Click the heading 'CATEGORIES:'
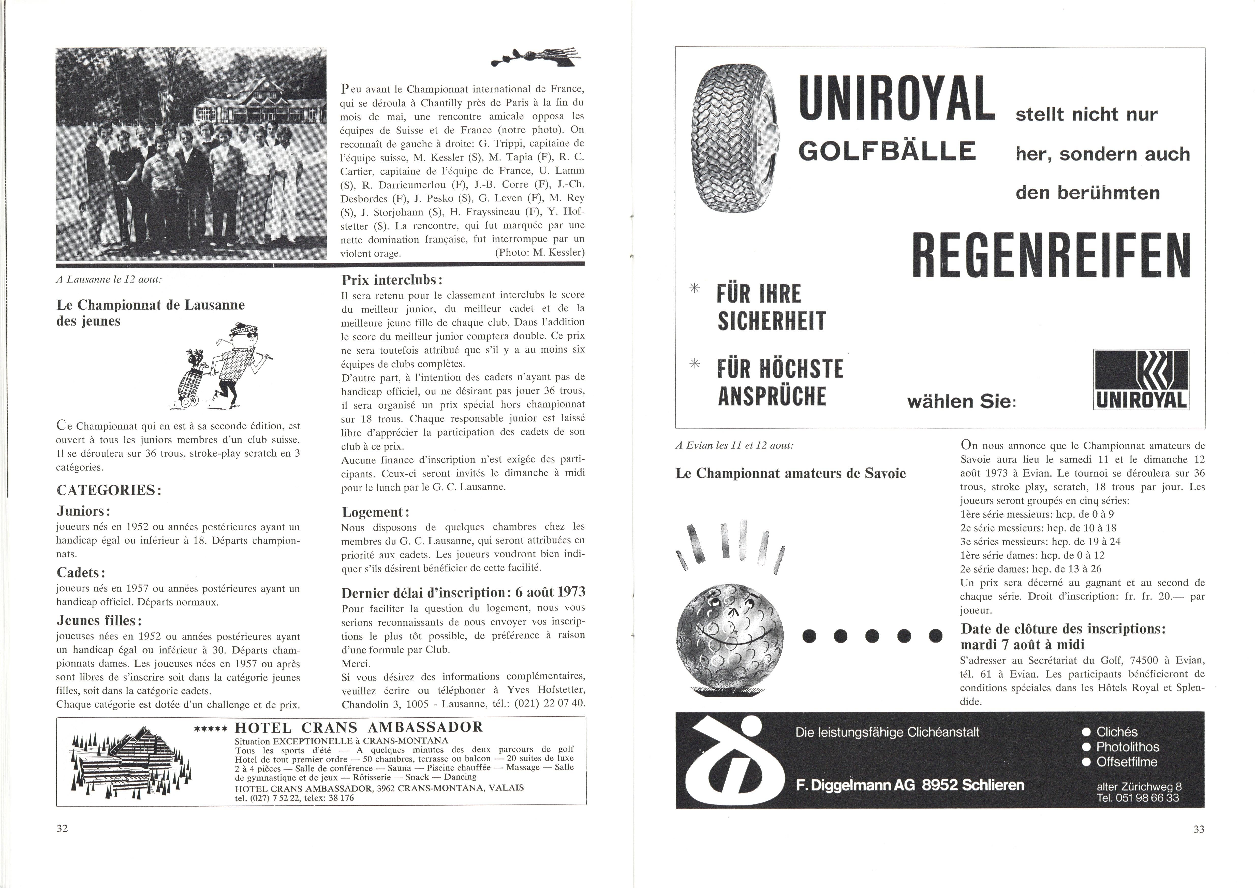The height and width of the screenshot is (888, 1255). (x=109, y=490)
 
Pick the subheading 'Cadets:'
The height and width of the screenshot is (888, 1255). (x=81, y=573)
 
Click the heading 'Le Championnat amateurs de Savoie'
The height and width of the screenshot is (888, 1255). (x=790, y=474)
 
